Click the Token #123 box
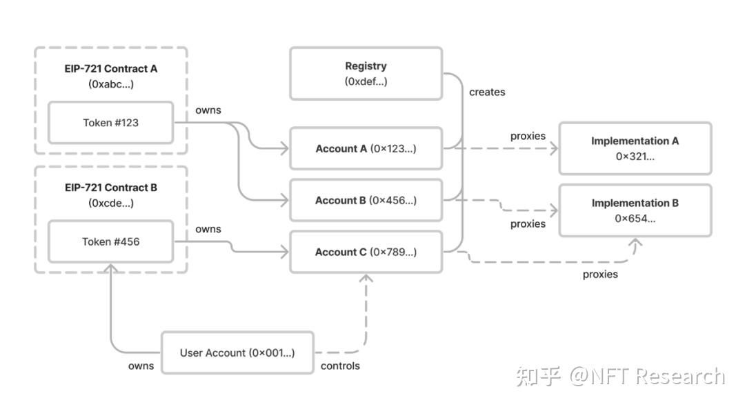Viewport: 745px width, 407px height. (110, 123)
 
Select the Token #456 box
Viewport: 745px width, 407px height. (110, 241)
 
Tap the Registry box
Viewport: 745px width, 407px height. (366, 73)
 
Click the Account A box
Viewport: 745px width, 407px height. (366, 148)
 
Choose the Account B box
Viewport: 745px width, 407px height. (366, 201)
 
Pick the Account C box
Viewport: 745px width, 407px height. (366, 252)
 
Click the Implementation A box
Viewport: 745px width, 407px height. (635, 148)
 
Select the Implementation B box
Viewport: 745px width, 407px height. (635, 210)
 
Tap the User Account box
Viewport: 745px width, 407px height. (237, 353)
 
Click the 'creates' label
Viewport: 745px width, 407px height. (487, 92)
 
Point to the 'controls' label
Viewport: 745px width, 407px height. (340, 366)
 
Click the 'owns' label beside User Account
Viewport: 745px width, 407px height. (141, 366)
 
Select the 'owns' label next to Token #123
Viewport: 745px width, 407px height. (208, 110)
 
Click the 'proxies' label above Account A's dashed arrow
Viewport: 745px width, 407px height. (528, 136)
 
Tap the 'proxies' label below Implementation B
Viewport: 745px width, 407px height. (600, 275)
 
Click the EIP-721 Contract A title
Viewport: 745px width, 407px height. (110, 69)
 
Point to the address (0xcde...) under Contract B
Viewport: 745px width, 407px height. (110, 203)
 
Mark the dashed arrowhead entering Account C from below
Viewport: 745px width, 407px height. (366, 278)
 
